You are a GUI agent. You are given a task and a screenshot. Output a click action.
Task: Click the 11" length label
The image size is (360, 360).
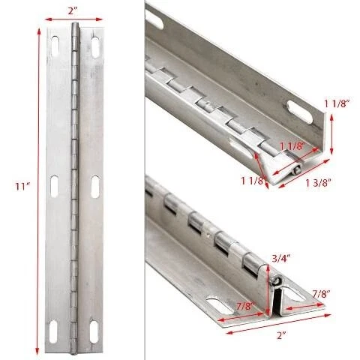[22, 187]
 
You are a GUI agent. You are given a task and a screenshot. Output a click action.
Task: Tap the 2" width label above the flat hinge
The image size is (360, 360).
[73, 10]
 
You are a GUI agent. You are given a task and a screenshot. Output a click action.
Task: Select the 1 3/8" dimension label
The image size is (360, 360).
[318, 183]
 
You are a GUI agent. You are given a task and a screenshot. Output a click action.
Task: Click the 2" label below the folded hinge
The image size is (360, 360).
[281, 335]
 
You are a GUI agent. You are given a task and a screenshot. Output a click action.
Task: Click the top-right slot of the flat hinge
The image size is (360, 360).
[95, 47]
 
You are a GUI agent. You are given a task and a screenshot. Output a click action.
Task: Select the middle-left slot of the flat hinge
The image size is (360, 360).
[54, 186]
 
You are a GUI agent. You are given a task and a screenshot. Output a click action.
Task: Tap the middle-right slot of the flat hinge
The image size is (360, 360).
[95, 187]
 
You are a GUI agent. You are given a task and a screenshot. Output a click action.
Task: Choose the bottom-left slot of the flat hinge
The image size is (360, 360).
[53, 331]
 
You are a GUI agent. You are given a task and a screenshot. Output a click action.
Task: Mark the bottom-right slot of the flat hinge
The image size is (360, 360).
[94, 331]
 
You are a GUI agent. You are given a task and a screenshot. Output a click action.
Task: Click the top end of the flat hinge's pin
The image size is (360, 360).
[74, 25]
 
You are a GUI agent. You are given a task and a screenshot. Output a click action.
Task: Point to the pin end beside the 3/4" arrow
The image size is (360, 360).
[276, 280]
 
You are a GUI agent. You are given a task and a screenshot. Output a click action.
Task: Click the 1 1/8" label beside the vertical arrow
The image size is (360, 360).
[336, 103]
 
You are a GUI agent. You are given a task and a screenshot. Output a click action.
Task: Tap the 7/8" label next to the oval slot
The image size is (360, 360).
[247, 306]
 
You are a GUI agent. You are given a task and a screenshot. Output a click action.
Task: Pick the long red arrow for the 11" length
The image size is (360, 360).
[38, 192]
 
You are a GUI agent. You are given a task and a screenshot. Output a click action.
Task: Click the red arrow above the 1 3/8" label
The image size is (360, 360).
[304, 173]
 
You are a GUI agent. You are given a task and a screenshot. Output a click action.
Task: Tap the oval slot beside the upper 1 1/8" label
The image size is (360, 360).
[300, 112]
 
